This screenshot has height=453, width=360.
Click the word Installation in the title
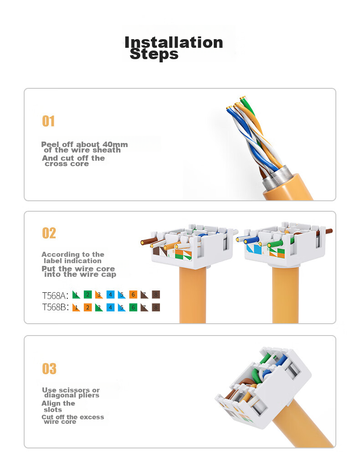click(174, 42)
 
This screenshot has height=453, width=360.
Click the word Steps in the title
click(154, 54)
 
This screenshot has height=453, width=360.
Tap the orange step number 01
click(48, 121)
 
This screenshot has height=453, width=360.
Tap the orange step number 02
click(49, 233)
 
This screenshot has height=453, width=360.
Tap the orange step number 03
click(49, 369)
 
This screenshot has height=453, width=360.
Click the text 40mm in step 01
click(115, 144)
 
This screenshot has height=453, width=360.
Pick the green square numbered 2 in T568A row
click(87, 295)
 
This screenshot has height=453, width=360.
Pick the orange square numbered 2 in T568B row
click(87, 307)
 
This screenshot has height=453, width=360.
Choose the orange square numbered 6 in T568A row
click(133, 295)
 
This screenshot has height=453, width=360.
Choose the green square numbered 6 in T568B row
click(133, 307)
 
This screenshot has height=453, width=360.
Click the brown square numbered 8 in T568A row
click(156, 295)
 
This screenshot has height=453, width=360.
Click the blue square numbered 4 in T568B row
click(110, 307)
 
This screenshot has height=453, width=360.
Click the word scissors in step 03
click(74, 390)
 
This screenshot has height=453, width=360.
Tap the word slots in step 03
click(53, 410)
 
